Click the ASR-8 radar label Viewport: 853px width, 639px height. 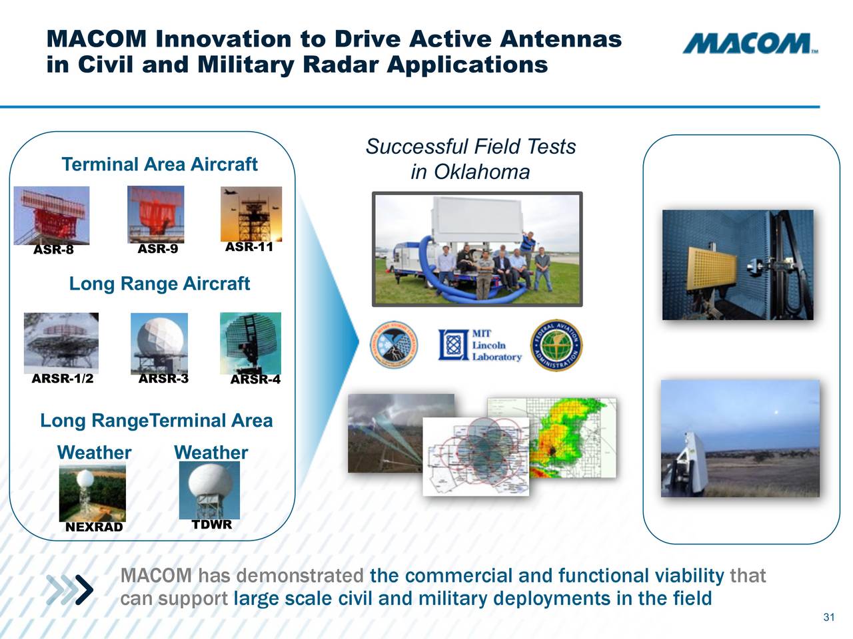53,250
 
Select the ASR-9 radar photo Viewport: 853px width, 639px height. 156,214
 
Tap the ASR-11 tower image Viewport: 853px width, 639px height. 251,213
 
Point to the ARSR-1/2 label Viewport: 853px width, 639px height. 63,379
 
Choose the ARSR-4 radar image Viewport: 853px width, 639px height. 251,342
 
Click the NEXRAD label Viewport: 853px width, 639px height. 94,527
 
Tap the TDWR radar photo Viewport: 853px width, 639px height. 209,490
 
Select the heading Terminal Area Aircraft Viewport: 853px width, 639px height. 159,164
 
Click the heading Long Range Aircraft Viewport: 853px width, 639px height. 159,284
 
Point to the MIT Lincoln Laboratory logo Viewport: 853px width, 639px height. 480,345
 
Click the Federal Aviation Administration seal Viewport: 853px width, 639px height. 556,345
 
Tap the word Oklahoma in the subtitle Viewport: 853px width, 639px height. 481,172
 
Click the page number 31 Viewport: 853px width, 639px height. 828,617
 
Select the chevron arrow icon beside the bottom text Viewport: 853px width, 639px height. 71,588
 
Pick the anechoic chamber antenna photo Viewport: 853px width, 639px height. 738,264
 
